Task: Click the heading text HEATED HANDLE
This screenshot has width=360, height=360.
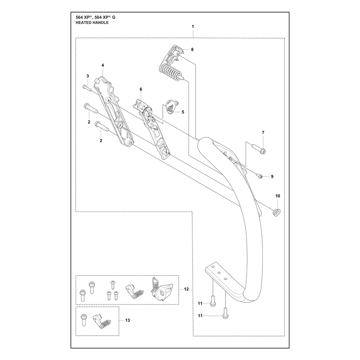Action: pyautogui.click(x=92, y=23)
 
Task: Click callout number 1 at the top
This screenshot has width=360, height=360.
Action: pyautogui.click(x=193, y=27)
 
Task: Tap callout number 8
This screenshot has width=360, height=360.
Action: pyautogui.click(x=192, y=49)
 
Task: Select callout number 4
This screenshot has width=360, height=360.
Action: pyautogui.click(x=103, y=65)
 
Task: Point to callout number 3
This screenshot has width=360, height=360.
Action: pyautogui.click(x=88, y=76)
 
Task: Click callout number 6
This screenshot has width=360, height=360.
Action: pyautogui.click(x=141, y=89)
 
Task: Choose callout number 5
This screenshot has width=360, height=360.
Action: pyautogui.click(x=183, y=112)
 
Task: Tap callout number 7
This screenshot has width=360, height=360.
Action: pyautogui.click(x=263, y=132)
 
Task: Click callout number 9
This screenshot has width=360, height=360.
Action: pyautogui.click(x=272, y=176)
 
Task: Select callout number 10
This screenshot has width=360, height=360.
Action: pyautogui.click(x=278, y=196)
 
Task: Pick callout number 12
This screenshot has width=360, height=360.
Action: pyautogui.click(x=186, y=289)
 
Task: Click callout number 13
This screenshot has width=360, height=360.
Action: pyautogui.click(x=128, y=320)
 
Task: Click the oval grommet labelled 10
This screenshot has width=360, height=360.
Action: pyautogui.click(x=277, y=212)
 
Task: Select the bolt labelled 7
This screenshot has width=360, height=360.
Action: pyautogui.click(x=259, y=149)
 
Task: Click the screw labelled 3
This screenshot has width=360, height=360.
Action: pyautogui.click(x=87, y=88)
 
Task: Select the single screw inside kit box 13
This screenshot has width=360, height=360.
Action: pyautogui.click(x=83, y=319)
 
